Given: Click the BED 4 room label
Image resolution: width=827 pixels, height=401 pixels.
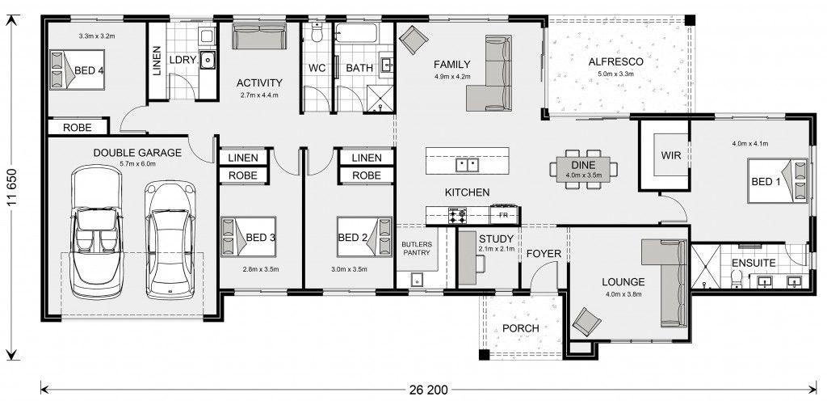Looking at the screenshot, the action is click(89, 70).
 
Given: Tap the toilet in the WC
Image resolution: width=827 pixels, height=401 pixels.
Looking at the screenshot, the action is click(317, 32).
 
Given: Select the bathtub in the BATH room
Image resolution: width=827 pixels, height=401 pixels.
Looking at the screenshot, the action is click(356, 33).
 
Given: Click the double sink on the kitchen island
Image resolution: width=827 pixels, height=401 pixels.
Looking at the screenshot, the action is click(468, 165).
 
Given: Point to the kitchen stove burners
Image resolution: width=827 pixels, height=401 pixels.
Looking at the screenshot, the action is click(457, 215).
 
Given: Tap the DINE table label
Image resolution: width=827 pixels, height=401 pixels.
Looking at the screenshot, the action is click(583, 165).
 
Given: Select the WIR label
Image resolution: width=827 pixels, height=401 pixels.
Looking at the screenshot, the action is click(670, 156).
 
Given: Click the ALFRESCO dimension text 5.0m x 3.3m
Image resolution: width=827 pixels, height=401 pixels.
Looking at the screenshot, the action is click(615, 74).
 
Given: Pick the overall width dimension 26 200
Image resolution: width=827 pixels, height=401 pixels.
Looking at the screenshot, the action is click(428, 390).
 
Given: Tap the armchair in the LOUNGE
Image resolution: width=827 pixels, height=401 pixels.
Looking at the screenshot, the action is click(586, 321).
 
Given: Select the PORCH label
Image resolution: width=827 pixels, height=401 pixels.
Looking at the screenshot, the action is click(521, 328).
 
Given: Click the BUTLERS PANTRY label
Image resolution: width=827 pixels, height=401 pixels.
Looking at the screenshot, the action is click(417, 248).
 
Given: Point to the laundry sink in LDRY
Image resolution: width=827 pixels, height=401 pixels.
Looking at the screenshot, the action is click(209, 60).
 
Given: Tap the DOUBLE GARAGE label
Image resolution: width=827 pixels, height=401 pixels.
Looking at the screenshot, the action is click(137, 153).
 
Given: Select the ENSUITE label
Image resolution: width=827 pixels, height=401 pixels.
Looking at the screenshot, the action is click(754, 263).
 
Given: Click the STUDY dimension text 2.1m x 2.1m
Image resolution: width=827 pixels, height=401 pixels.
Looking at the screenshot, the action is click(497, 249).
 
